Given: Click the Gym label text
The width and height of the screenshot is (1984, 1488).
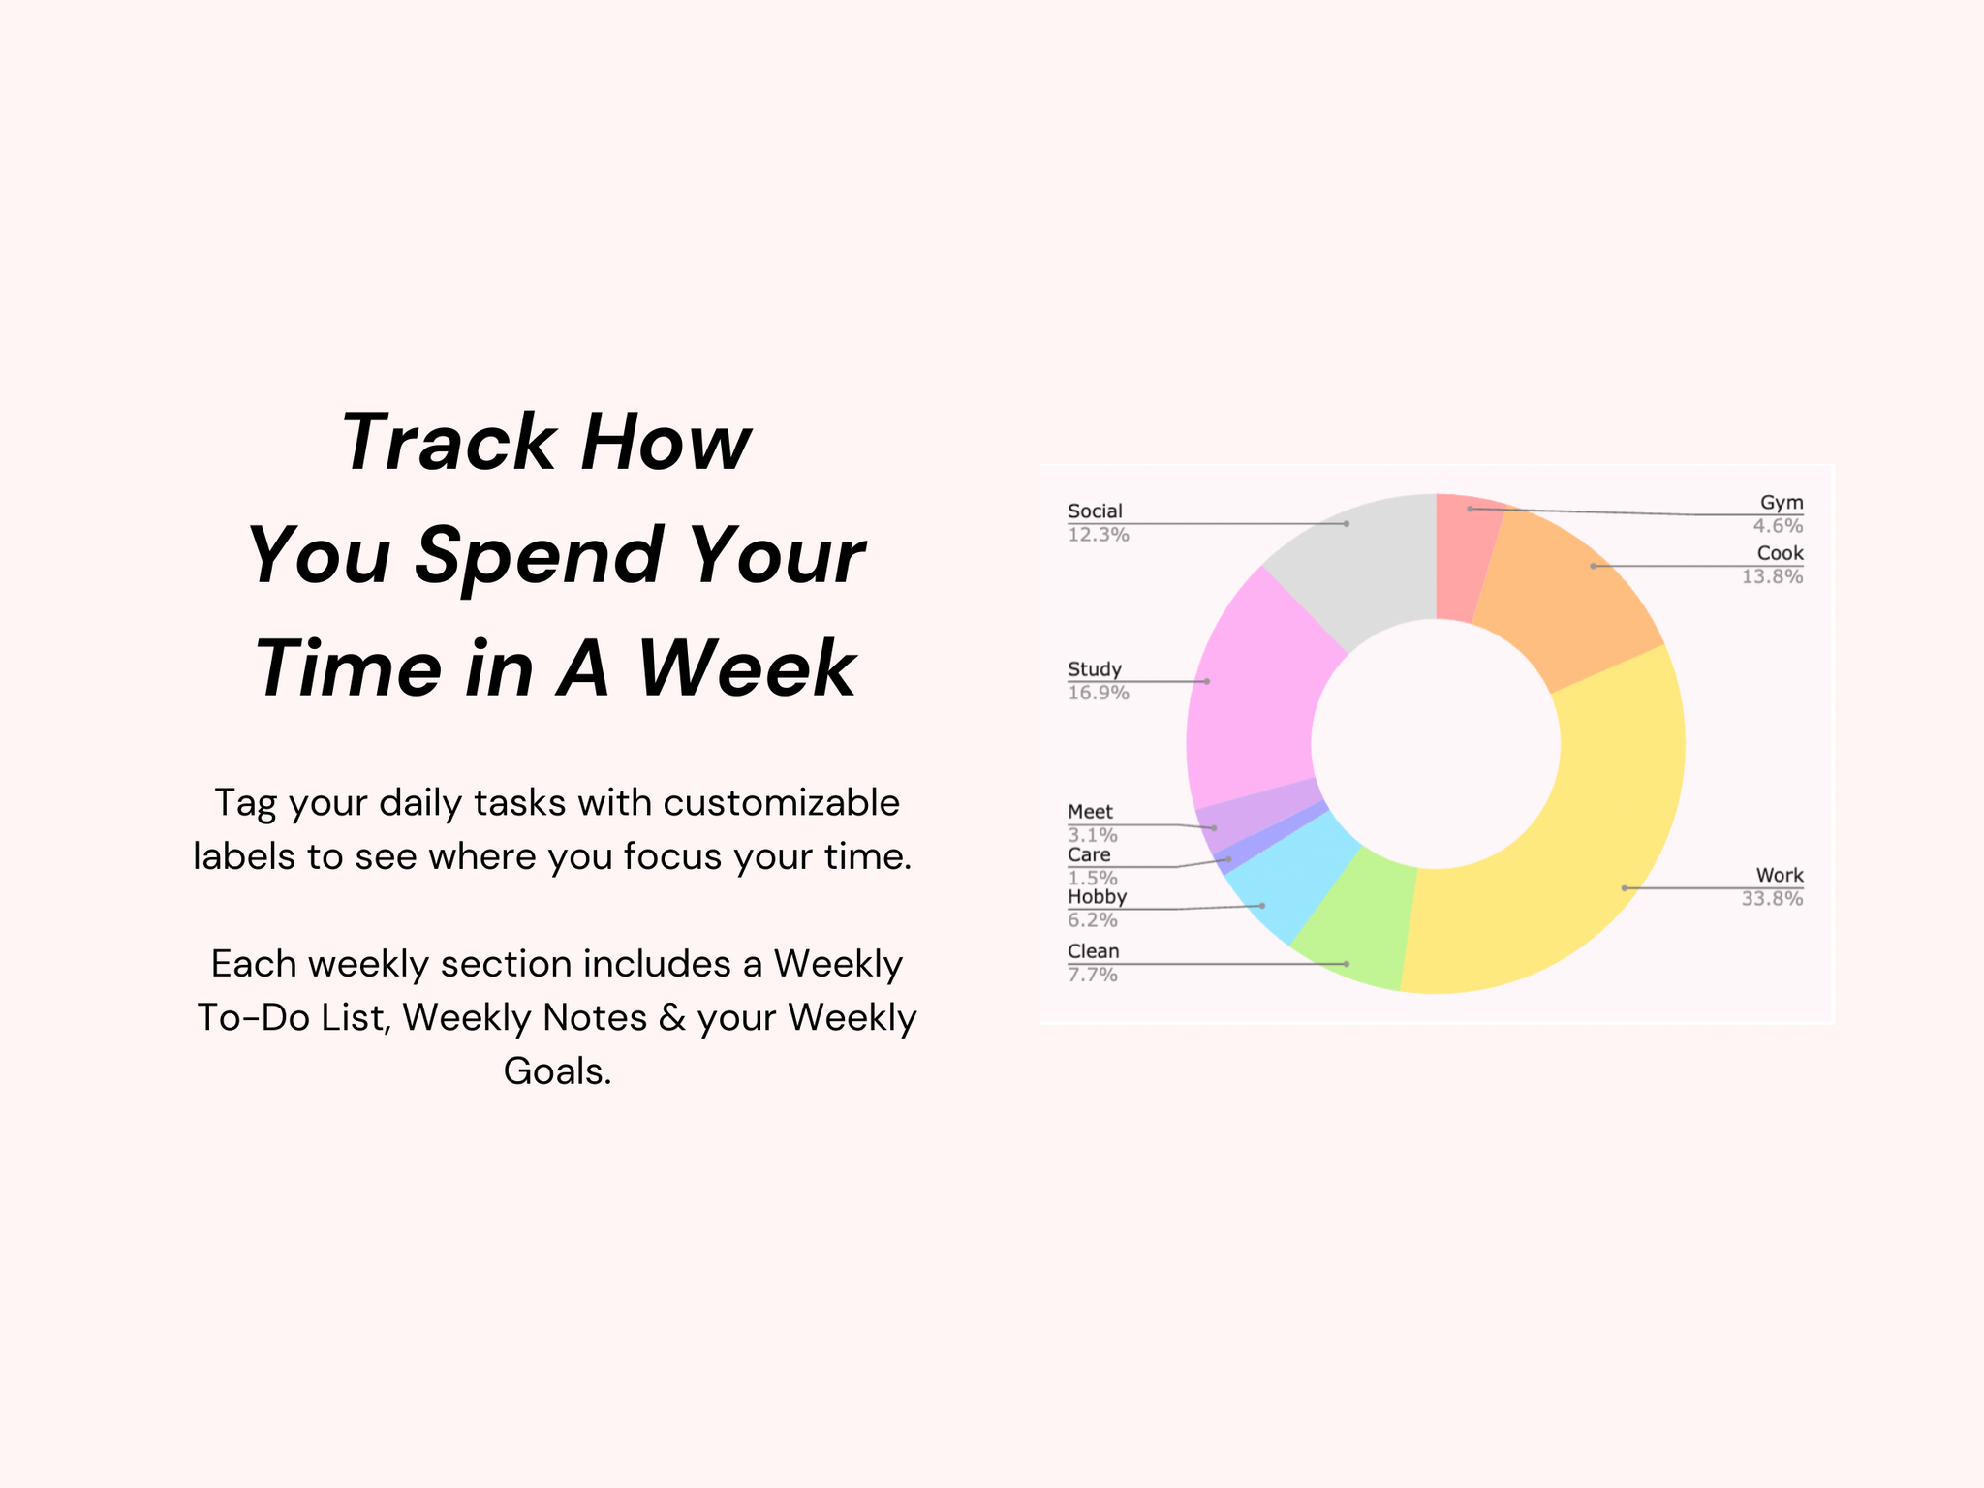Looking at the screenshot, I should click(1782, 503).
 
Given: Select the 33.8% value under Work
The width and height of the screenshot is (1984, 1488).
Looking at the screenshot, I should click(1772, 899).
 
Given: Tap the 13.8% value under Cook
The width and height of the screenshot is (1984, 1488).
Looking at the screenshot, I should click(1772, 577).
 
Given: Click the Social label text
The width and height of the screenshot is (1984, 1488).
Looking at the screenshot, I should click(1095, 511).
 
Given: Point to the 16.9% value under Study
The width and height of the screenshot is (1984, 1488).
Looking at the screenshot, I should click(1099, 693).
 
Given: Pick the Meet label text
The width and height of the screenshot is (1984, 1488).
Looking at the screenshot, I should click(1090, 812).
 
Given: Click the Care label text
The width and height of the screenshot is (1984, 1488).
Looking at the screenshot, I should click(1089, 854).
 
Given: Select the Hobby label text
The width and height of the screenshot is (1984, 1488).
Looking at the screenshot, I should click(1097, 897).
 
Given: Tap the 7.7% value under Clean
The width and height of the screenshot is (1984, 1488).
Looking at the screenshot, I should click(1093, 975).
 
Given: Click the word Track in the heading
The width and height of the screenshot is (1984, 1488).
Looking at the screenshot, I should click(446, 443).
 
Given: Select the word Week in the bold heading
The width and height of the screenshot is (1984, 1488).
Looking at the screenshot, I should click(747, 668).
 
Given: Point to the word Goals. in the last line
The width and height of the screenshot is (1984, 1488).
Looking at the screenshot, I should click(557, 1071).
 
